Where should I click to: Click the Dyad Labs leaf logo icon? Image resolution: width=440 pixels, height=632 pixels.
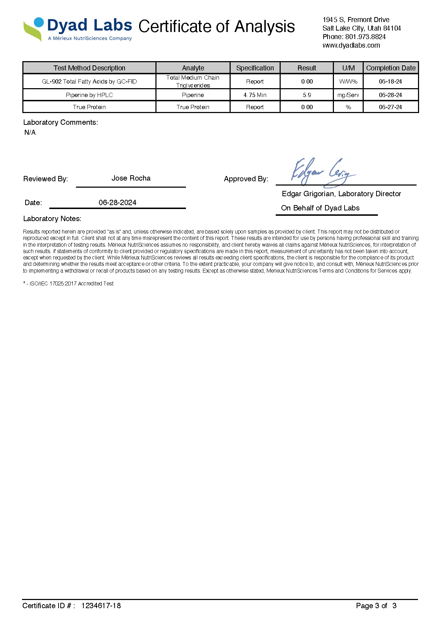pos(33,29)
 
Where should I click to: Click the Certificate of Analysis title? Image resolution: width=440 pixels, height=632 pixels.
pos(216,27)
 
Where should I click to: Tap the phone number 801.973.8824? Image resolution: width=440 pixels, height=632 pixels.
pos(365,37)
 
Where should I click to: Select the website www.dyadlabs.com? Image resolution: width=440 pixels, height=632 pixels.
pos(351,45)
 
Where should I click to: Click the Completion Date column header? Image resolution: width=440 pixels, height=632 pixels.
pos(391,68)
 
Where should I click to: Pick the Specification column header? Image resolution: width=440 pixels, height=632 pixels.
pos(255,68)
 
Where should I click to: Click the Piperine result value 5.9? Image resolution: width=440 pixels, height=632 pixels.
pos(307,95)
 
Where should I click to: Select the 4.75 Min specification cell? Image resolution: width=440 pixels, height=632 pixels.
pos(255,95)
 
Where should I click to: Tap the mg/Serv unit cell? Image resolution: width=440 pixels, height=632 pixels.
pos(348,95)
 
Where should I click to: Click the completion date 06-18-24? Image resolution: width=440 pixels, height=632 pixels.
pos(390,81)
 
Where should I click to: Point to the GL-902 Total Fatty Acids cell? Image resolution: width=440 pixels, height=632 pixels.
pos(89,81)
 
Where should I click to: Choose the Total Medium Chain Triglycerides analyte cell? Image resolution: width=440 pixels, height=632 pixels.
pos(193,81)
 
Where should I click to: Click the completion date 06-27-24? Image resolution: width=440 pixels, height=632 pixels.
pos(390,107)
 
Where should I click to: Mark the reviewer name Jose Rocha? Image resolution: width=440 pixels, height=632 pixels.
pos(131,178)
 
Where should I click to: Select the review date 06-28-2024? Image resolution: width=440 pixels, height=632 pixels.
pos(117,203)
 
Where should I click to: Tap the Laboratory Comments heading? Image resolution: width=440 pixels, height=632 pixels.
pos(61,122)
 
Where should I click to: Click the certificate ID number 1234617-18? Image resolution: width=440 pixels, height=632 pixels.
pos(101,606)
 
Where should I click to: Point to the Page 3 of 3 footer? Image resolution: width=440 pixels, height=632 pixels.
pos(376,606)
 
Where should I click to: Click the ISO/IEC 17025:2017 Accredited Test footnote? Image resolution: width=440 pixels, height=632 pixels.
pos(70,284)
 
